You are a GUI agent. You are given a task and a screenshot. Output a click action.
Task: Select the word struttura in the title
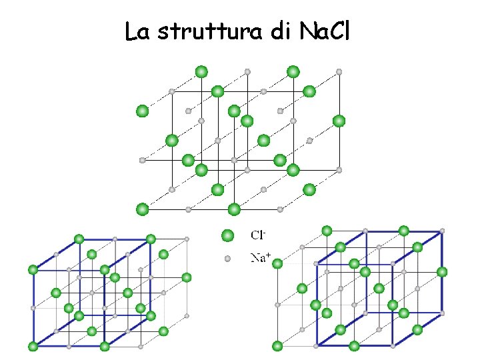(210, 31)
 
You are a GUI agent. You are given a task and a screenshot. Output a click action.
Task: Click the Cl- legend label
(259, 235)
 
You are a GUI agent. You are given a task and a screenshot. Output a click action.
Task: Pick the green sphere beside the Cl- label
(227, 235)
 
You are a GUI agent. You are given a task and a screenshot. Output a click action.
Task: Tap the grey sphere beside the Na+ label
(227, 258)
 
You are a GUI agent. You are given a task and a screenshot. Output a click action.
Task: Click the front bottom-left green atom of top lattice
(142, 209)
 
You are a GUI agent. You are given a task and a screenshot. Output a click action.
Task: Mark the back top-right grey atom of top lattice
(339, 71)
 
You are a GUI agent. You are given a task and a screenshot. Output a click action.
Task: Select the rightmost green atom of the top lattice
(339, 121)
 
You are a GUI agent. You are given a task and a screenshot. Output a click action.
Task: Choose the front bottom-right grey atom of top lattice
(280, 209)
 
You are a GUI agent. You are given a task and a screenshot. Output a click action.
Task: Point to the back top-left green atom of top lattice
(201, 71)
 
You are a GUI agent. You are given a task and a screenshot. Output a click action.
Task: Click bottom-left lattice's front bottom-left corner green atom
(33, 346)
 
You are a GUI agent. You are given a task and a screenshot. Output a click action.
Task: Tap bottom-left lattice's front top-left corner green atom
(33, 269)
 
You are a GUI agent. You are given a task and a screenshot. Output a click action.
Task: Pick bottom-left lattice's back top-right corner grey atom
(187, 239)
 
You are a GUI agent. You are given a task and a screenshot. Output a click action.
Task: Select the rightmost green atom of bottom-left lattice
(187, 277)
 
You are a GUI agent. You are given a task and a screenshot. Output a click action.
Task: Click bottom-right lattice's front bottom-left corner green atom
(277, 346)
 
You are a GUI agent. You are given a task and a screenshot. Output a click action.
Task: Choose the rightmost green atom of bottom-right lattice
(442, 271)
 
